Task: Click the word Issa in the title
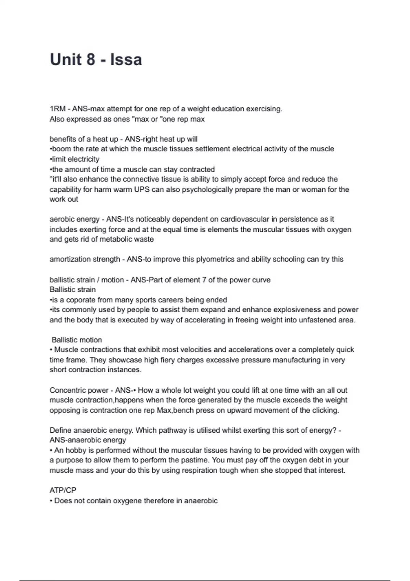pyautogui.click(x=126, y=59)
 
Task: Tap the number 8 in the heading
pyautogui.click(x=91, y=59)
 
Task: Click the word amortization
pyautogui.click(x=68, y=259)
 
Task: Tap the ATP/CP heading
pyautogui.click(x=63, y=490)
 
